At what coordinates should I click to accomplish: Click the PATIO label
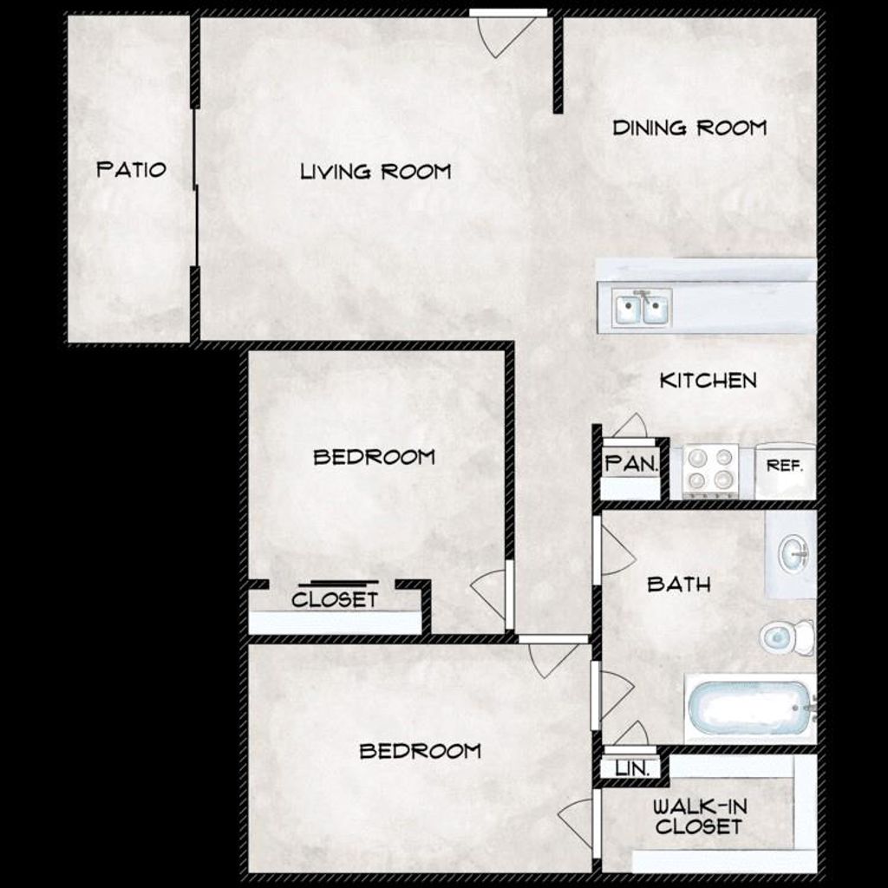click(x=131, y=168)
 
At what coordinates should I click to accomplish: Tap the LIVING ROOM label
click(x=375, y=172)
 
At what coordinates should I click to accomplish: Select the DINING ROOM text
click(x=689, y=128)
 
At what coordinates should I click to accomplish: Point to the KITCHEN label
click(x=708, y=381)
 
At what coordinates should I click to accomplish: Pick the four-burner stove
click(x=710, y=470)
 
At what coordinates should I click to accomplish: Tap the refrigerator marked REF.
click(x=785, y=468)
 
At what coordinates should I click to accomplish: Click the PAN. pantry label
click(x=631, y=464)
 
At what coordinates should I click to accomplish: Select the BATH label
click(x=679, y=584)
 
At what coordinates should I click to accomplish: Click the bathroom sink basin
click(x=793, y=553)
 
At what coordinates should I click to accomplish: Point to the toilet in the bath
click(x=786, y=638)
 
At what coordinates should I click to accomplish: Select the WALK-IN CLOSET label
click(x=699, y=816)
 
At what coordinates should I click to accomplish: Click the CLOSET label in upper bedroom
click(x=335, y=599)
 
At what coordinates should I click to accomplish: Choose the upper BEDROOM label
click(x=374, y=457)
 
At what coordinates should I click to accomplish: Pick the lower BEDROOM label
click(x=420, y=751)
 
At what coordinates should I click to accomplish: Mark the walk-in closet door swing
click(x=576, y=820)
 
